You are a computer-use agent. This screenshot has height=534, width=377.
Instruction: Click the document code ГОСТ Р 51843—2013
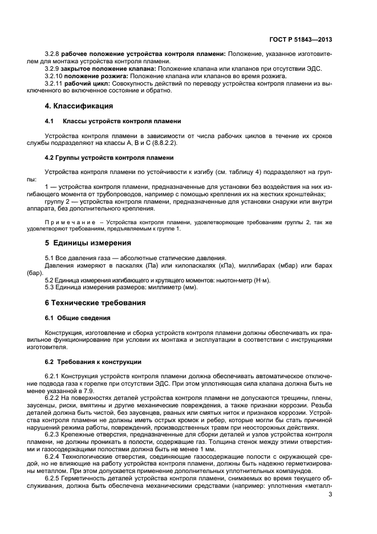click(301, 41)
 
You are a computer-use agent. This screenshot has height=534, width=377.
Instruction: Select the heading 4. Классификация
click(78, 106)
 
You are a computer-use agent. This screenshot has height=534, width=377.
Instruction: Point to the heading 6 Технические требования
click(95, 302)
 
